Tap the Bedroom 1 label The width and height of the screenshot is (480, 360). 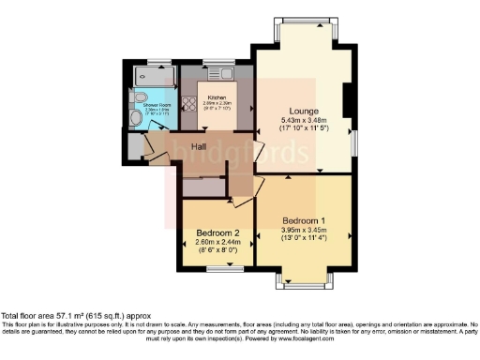[304, 221]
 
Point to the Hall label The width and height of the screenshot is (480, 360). [200, 147]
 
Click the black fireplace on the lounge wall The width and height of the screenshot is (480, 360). [348, 101]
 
